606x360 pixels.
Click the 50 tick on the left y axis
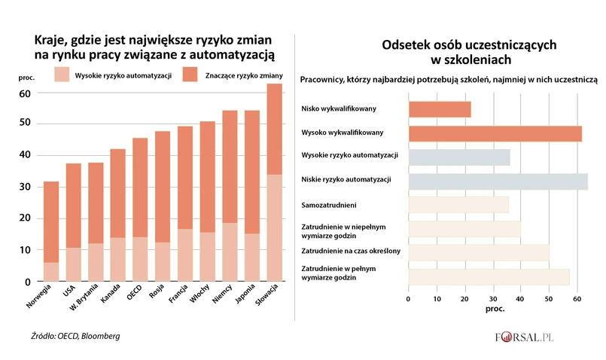[24, 124]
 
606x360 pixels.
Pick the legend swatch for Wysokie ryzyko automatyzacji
[62, 75]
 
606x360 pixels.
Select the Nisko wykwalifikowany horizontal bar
[440, 109]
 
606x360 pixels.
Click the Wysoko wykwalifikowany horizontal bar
[495, 133]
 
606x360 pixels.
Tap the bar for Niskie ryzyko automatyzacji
[498, 181]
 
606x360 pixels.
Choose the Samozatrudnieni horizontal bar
[458, 204]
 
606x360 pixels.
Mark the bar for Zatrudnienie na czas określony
[479, 251]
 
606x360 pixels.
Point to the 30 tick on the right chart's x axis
[492, 299]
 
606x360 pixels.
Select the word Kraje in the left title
[50, 39]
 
